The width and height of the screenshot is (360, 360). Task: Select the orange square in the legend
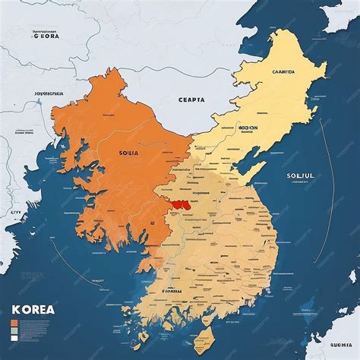click(15, 303)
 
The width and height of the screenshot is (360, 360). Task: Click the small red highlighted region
click(179, 204)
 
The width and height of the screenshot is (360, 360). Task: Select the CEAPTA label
click(191, 99)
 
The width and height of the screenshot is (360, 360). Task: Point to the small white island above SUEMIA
click(308, 310)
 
